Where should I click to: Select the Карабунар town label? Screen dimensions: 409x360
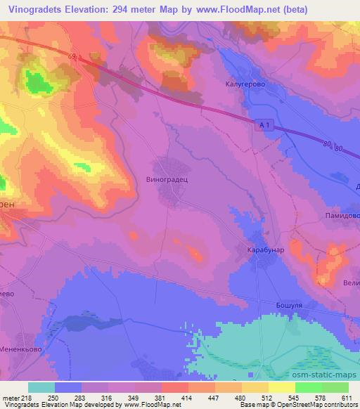point(266,249)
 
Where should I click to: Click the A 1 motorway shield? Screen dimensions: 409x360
point(264,124)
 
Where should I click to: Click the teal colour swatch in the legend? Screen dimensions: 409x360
point(41,387)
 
